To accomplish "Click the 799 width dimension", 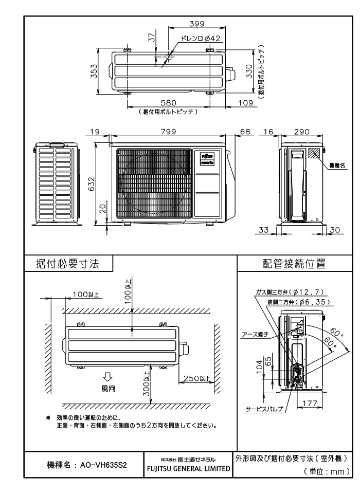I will [x=168, y=132].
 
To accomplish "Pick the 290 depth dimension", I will [x=302, y=132].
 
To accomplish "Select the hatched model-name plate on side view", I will [x=314, y=153].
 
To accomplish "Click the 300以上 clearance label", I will [x=147, y=383].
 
